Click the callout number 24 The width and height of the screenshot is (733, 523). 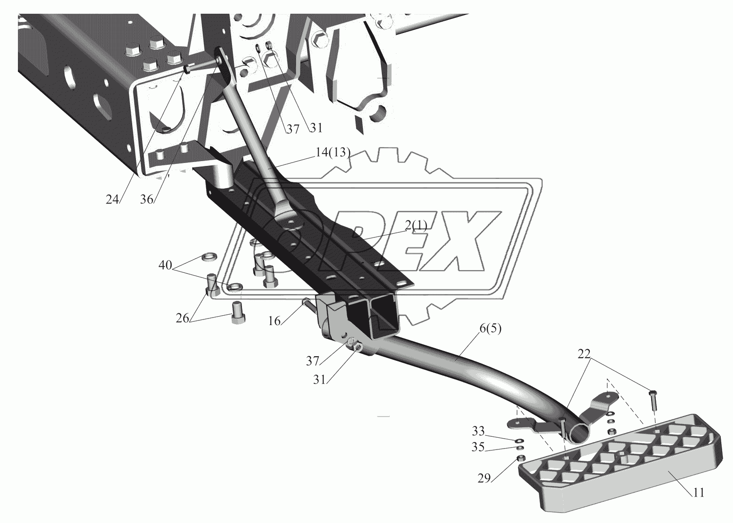(112, 199)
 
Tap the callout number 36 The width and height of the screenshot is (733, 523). (146, 199)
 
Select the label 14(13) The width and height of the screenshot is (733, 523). (333, 152)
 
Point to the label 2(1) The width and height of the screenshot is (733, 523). (416, 226)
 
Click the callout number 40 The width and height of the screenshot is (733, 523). (165, 265)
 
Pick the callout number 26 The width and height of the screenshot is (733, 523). (183, 318)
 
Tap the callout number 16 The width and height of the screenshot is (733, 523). (274, 321)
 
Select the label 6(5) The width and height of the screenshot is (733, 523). (490, 329)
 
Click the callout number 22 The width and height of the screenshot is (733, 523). (584, 354)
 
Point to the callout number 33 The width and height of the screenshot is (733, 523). (478, 431)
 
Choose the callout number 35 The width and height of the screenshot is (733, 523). (478, 447)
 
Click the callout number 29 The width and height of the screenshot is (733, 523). (484, 479)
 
